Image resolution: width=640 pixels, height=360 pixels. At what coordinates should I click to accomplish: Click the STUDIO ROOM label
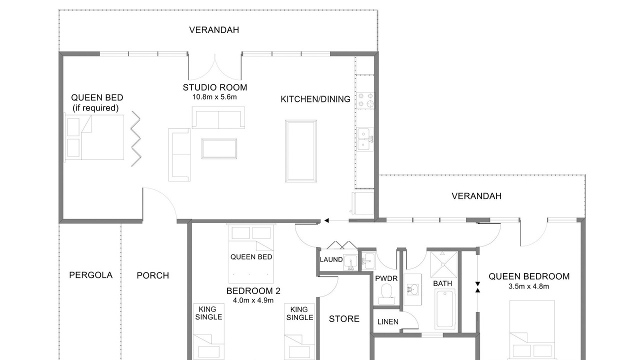pyautogui.click(x=215, y=87)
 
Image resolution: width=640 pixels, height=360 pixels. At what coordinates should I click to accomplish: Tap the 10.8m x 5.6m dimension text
pyautogui.click(x=214, y=97)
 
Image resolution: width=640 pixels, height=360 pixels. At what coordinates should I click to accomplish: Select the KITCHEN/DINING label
pyautogui.click(x=315, y=99)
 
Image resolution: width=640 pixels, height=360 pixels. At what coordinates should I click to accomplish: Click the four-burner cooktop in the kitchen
pyautogui.click(x=365, y=100)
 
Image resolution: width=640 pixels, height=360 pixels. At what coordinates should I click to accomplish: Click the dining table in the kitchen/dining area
pyautogui.click(x=301, y=151)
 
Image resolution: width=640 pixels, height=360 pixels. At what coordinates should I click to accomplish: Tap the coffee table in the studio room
pyautogui.click(x=219, y=148)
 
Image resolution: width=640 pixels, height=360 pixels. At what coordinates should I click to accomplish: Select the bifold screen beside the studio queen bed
pyautogui.click(x=136, y=139)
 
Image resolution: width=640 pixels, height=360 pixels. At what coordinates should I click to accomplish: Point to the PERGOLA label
pyautogui.click(x=91, y=275)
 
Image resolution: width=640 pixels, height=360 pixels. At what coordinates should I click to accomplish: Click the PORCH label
pyautogui.click(x=153, y=275)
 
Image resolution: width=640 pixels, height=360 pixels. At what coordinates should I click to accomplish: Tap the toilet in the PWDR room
pyautogui.click(x=387, y=293)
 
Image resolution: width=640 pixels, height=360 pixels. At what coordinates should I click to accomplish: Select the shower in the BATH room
pyautogui.click(x=443, y=264)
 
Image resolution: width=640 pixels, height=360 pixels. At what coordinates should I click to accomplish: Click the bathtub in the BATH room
pyautogui.click(x=445, y=308)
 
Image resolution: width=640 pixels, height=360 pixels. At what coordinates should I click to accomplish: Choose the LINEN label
pyautogui.click(x=387, y=322)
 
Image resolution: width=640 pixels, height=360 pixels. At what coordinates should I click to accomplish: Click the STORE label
pyautogui.click(x=344, y=319)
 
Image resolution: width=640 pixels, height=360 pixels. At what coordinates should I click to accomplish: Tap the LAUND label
pyautogui.click(x=331, y=259)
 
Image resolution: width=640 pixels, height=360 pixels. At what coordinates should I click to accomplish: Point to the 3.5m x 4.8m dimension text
pyautogui.click(x=528, y=286)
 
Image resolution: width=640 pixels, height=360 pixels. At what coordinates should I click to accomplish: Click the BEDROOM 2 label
pyautogui.click(x=253, y=291)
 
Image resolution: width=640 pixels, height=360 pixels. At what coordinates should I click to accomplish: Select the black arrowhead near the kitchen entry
pyautogui.click(x=326, y=220)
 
